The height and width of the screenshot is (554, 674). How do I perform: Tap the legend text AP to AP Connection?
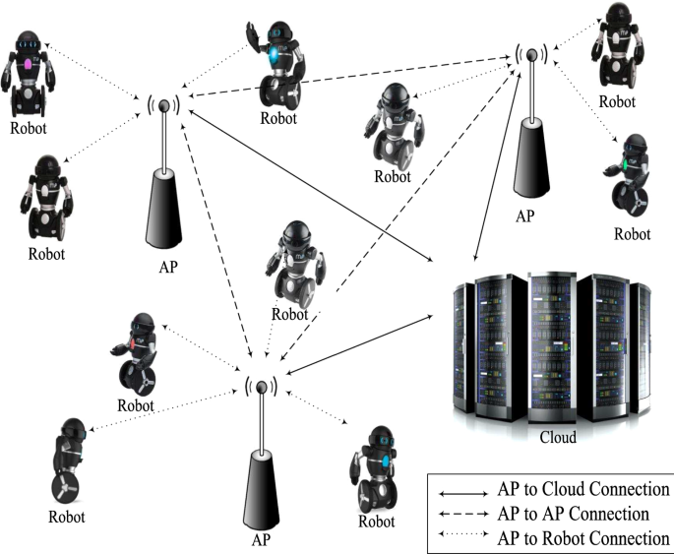tap(574, 514)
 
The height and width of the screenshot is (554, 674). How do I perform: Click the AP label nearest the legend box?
tap(262, 540)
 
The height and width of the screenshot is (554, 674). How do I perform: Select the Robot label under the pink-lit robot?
tap(29, 127)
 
